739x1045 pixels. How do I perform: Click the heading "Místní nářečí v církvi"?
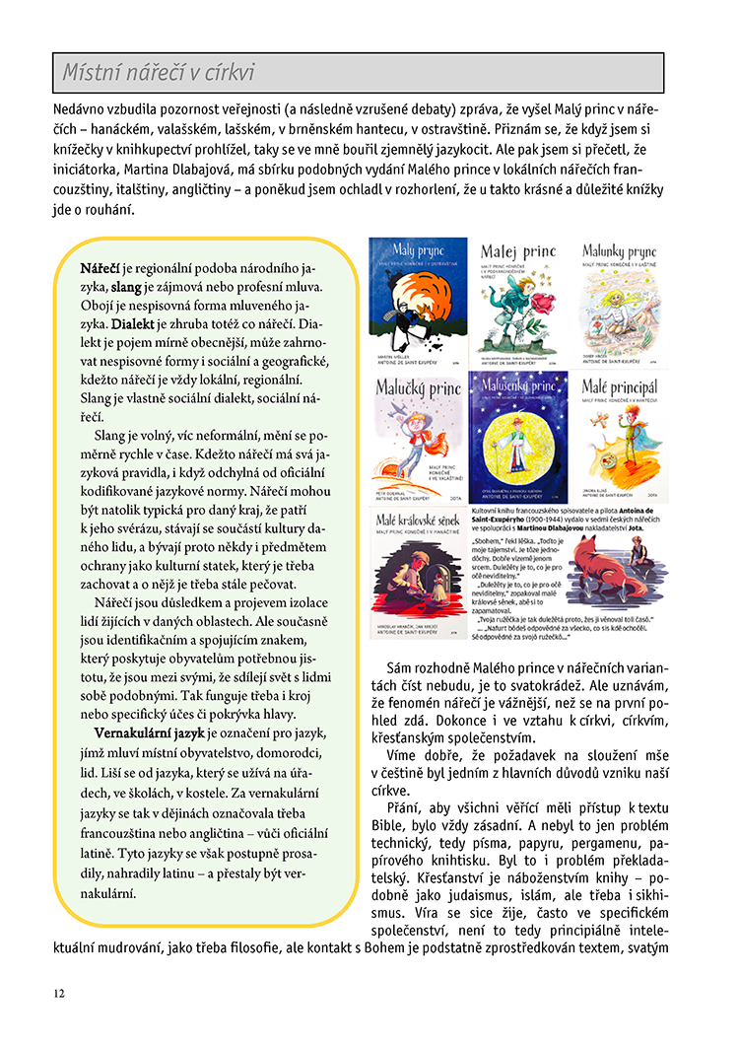click(x=159, y=73)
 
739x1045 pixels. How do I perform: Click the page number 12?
click(x=60, y=993)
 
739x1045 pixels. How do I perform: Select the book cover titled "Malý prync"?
click(x=417, y=302)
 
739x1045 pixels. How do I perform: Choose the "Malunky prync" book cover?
click(x=619, y=302)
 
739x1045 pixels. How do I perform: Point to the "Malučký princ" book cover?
click(x=417, y=435)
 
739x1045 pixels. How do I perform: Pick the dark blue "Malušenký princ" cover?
click(x=518, y=435)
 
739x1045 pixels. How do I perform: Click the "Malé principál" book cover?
click(x=619, y=435)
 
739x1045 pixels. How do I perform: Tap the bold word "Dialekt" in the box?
click(x=133, y=323)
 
